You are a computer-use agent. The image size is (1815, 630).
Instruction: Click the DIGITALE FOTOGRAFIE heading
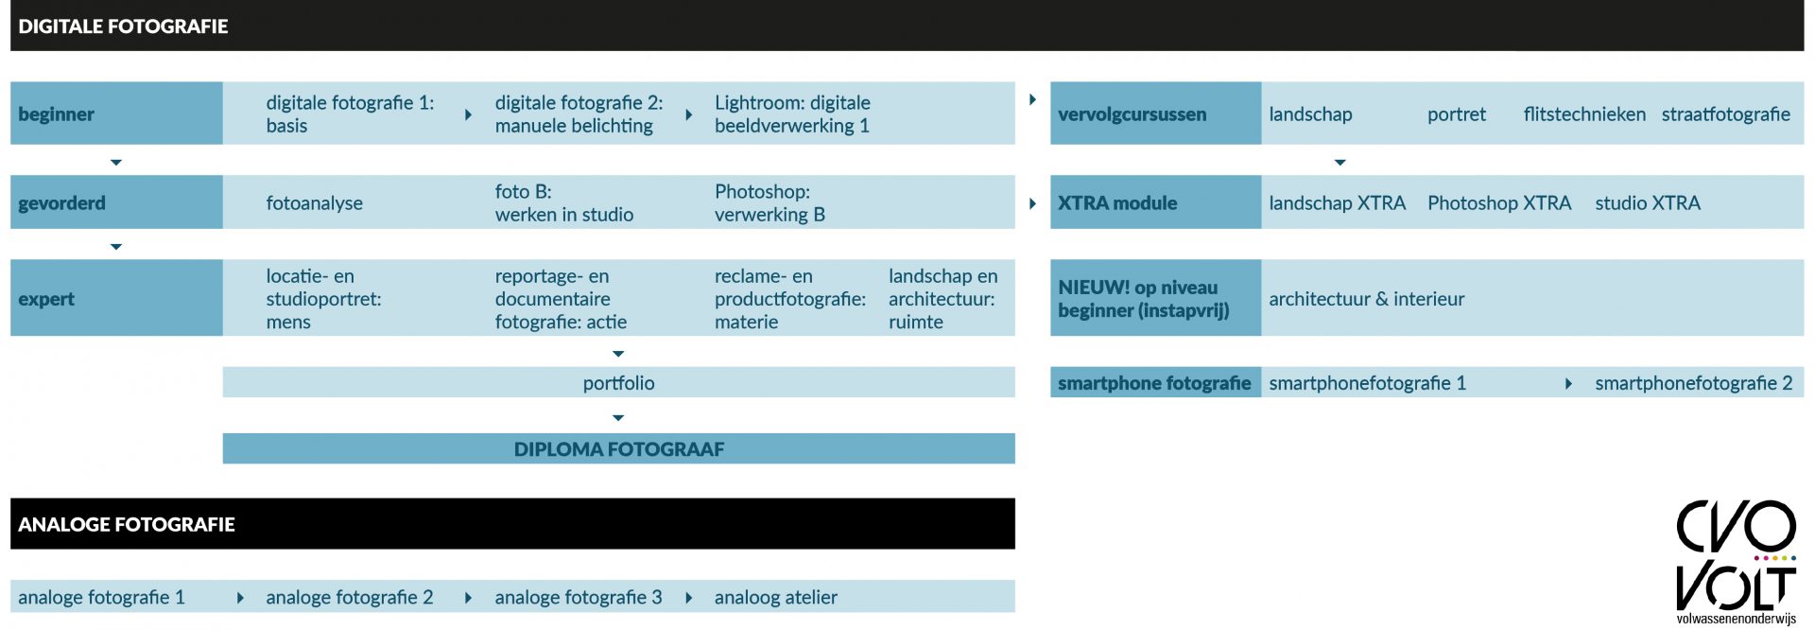point(123,26)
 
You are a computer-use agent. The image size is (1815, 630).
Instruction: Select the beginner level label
point(56,114)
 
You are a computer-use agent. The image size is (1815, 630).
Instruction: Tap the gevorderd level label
point(61,203)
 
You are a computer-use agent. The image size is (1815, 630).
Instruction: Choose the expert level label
point(46,299)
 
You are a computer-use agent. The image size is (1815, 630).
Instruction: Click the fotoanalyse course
point(314,203)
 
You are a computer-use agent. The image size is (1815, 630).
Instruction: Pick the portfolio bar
point(618,382)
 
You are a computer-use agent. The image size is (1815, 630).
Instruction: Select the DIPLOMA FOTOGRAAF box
point(618,448)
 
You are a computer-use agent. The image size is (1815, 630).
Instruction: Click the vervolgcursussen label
point(1132,114)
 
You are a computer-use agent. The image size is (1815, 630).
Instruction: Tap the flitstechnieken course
point(1584,114)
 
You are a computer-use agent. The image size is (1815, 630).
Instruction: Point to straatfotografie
point(1726,114)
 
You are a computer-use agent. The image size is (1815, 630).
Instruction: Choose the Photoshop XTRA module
point(1499,203)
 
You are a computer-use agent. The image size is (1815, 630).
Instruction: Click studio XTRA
point(1648,203)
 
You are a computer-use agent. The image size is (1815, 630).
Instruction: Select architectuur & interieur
point(1366,299)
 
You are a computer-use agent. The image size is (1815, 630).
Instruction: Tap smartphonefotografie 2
point(1694,383)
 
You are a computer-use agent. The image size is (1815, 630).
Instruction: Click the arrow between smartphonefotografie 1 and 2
point(1568,383)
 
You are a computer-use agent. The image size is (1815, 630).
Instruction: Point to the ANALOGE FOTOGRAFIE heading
point(127,524)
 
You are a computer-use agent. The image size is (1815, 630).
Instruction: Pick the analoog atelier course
point(776,598)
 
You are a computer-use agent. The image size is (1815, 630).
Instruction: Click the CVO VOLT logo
point(1737,562)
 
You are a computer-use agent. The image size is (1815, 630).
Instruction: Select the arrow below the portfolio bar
point(618,417)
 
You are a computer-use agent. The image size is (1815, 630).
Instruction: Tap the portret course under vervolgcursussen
point(1457,114)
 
